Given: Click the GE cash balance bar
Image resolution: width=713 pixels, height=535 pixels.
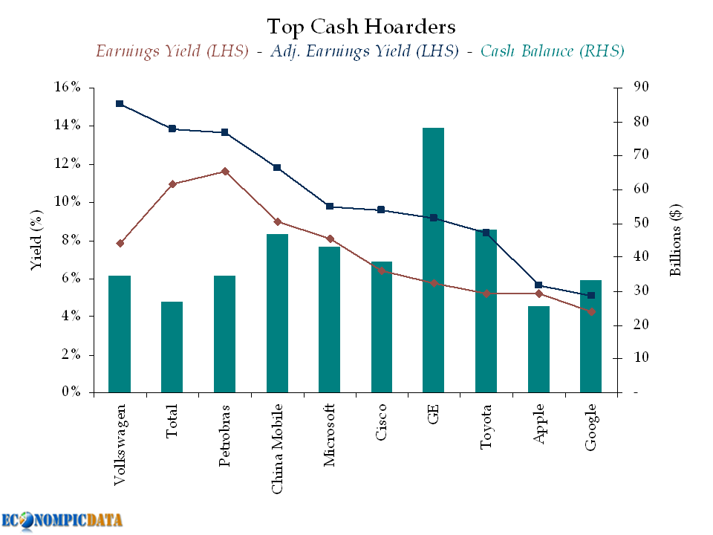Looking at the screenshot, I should [x=433, y=260].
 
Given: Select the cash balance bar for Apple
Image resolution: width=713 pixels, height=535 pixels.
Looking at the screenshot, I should [x=538, y=349].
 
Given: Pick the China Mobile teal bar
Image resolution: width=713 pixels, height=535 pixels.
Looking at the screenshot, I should [x=277, y=313].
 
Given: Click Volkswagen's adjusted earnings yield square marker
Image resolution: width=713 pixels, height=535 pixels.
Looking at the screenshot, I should [x=120, y=104].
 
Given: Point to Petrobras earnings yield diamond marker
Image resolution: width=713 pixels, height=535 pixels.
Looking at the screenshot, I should [x=225, y=172].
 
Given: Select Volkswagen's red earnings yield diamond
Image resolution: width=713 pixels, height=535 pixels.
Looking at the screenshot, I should [x=120, y=243].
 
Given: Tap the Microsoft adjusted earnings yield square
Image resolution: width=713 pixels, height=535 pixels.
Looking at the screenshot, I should [x=330, y=207].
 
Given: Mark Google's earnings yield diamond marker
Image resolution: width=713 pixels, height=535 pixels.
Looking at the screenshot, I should [x=591, y=311].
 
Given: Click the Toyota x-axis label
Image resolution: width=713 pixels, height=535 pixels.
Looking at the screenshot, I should [x=486, y=427].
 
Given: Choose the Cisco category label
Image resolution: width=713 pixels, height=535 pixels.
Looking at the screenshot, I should [x=381, y=422].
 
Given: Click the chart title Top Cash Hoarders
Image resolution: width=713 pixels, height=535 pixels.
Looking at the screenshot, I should [x=361, y=27].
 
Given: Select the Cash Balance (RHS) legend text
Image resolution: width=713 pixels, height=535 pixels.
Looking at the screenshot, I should [x=552, y=51].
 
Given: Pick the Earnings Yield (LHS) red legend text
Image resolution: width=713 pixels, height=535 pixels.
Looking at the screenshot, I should [x=172, y=51].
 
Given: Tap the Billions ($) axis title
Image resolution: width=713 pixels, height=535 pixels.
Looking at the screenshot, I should [x=676, y=240].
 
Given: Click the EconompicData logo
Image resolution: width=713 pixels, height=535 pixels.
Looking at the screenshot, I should [x=62, y=519].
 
